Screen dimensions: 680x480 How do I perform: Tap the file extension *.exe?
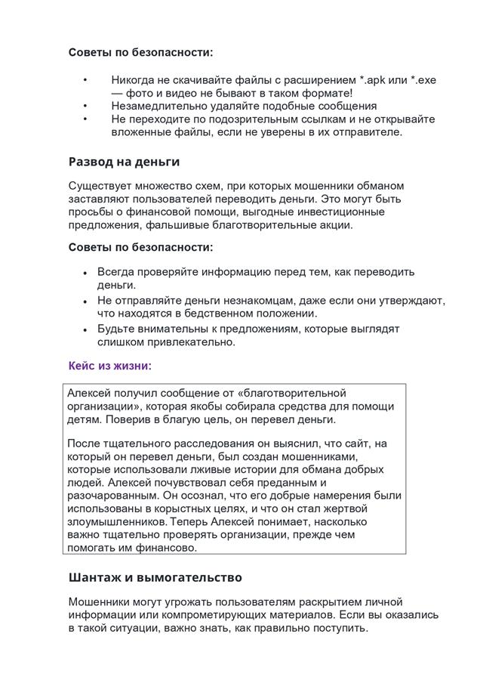pyautogui.click(x=423, y=80)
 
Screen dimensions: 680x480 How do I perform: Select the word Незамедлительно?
pyautogui.click(x=158, y=106)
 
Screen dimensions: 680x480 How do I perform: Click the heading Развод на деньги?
pyautogui.click(x=124, y=161)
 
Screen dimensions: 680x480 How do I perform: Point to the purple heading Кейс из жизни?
pyautogui.click(x=110, y=366)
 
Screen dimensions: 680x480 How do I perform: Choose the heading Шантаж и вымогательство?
pyautogui.click(x=155, y=577)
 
